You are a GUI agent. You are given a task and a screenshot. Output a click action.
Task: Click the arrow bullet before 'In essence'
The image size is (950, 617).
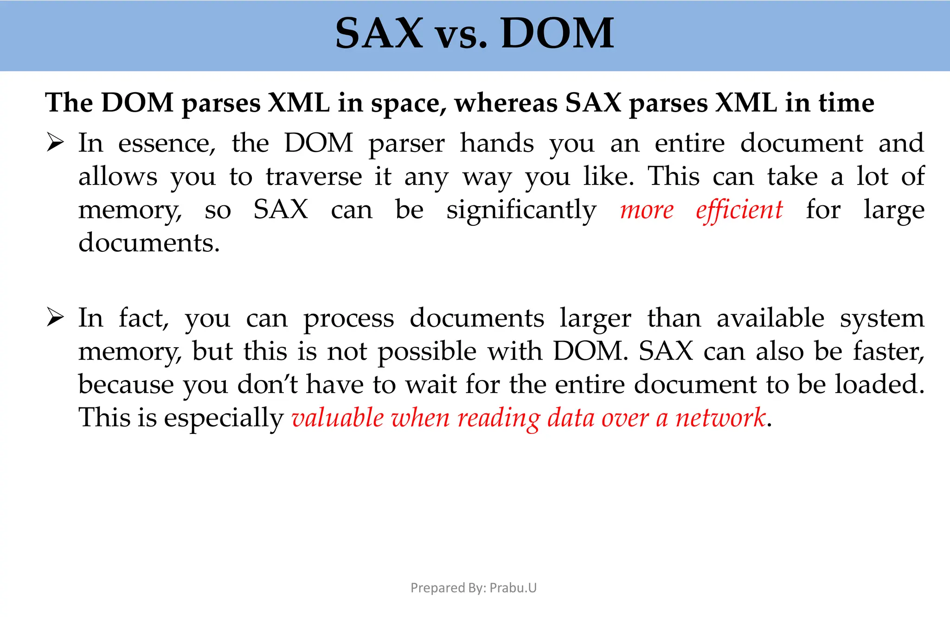click(55, 143)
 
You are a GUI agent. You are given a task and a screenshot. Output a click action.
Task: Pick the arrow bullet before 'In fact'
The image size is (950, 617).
click(55, 318)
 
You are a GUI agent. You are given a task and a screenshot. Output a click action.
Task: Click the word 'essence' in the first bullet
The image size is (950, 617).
click(167, 144)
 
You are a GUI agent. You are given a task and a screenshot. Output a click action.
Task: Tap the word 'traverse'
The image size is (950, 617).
click(314, 177)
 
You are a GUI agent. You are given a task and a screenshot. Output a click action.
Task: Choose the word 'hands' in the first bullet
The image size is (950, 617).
click(497, 143)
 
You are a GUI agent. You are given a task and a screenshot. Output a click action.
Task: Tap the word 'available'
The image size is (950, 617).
click(770, 318)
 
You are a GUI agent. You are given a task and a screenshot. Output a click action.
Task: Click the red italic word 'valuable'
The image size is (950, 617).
click(338, 418)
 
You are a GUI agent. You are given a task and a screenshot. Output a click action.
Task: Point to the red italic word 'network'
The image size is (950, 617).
click(720, 418)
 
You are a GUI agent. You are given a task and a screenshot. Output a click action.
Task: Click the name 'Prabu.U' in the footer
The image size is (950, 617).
click(513, 588)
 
